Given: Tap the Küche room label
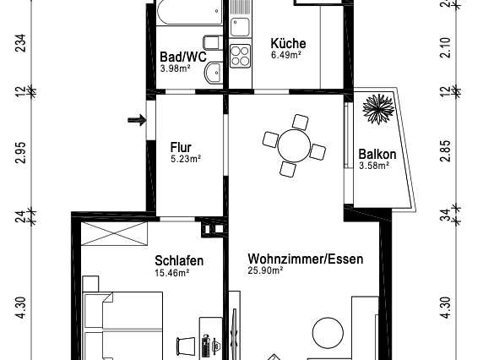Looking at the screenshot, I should pos(288,44).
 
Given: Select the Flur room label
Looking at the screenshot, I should pos(181,147).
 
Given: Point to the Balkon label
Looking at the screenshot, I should pos(377,155).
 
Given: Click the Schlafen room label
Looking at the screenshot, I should pos(179,260).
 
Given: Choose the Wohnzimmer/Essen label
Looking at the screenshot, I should pos(306,259).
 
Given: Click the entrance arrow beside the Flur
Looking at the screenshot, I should pos(135,121).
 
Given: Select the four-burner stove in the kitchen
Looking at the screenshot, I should pos(241,57).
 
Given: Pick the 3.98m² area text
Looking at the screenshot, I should pos(175,69).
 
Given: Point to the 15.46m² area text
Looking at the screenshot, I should pos(172,272).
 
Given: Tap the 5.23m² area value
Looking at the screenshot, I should pos(185,159).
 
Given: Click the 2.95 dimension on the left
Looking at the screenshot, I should pos(21,151).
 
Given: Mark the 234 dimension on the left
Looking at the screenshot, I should pos(21,43).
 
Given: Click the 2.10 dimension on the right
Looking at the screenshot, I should pos(446,46).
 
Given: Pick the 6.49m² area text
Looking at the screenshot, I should pos(286,56).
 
